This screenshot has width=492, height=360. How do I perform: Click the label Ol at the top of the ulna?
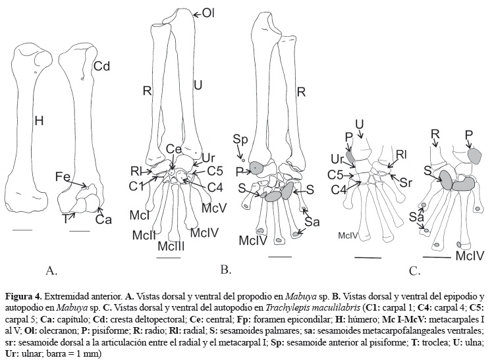pos(207,13)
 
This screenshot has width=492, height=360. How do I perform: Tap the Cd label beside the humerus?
pos(101,66)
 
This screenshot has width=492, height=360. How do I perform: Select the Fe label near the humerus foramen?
pos(63,177)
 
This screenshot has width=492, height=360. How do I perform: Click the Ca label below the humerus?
pos(103,220)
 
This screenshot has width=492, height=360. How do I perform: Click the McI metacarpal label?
pos(138,215)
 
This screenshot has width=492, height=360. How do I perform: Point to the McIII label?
pos(170,245)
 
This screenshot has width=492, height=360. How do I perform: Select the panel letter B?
pos(225,269)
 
